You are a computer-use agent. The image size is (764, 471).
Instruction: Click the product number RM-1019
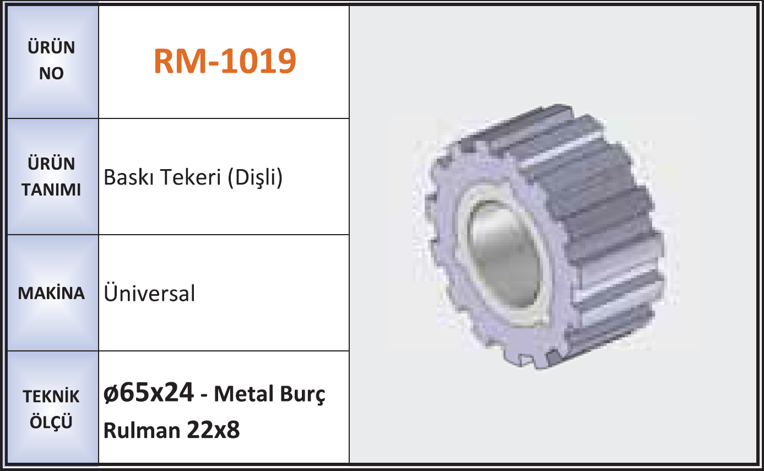tap(225, 61)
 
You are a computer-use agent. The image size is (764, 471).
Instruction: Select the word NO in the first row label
tap(51, 73)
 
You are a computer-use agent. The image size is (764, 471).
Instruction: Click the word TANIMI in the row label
tap(51, 190)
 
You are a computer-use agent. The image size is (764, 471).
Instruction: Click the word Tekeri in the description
tap(191, 177)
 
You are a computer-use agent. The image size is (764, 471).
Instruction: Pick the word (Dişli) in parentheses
tap(255, 178)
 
